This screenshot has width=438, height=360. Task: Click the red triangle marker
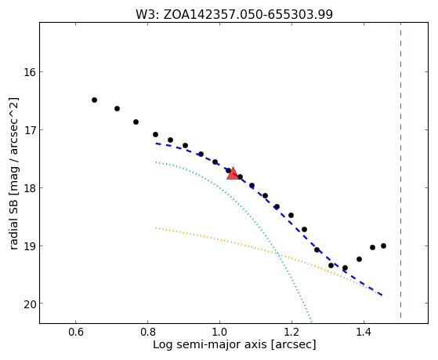coord(233,173)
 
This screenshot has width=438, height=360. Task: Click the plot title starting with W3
coord(234,15)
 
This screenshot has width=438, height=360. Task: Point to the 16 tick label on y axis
coord(30,72)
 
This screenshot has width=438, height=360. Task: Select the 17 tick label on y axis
coord(30,130)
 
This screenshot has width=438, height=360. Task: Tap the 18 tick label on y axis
coord(30,188)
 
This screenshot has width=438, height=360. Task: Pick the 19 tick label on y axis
coord(30,245)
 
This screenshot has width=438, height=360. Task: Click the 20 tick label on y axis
coord(30,304)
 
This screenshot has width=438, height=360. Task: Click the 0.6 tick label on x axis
coord(76,333)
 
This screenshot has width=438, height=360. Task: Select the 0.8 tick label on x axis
coord(148,333)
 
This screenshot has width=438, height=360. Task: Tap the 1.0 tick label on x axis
coord(220,333)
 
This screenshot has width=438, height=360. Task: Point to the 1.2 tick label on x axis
coord(292,333)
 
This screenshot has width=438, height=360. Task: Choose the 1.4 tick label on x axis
coord(364,333)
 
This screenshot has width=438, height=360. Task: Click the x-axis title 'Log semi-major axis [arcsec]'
coord(234,345)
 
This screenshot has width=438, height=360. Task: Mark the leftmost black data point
coord(94,100)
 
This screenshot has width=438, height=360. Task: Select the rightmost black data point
coord(383,245)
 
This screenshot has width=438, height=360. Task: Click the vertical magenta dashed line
coord(401,170)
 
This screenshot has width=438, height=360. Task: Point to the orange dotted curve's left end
coord(156,227)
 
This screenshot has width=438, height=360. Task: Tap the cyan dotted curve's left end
coord(156,162)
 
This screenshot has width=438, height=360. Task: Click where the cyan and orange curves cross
coord(277,253)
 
